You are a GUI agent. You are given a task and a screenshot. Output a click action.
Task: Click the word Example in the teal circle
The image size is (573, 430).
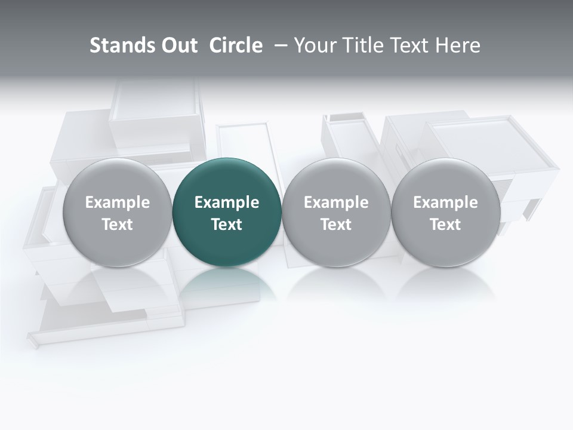click(x=227, y=203)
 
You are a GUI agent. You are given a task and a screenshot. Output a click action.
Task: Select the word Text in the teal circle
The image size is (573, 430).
click(x=227, y=225)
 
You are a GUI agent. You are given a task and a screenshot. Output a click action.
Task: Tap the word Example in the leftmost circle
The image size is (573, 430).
click(x=117, y=203)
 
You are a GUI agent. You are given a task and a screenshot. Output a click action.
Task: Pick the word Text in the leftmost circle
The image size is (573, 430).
click(x=117, y=225)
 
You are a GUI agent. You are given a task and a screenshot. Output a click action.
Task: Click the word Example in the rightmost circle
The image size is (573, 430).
click(x=445, y=203)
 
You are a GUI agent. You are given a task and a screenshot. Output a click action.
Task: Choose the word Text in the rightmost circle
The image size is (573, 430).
click(x=445, y=225)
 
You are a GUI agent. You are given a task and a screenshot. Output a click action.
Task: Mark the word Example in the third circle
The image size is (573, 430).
click(x=336, y=203)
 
